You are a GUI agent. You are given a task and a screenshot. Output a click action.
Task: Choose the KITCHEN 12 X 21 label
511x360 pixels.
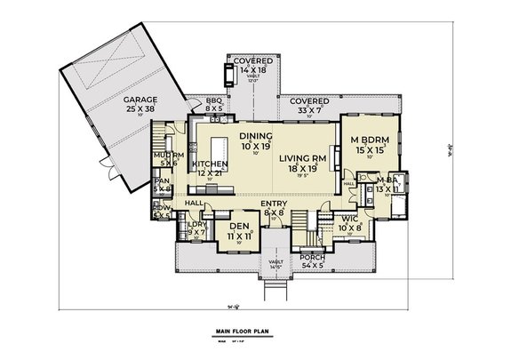(209, 169)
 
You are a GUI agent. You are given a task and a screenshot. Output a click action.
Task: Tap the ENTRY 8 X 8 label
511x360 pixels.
(274, 210)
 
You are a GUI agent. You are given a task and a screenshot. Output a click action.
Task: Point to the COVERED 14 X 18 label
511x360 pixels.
(253, 66)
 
